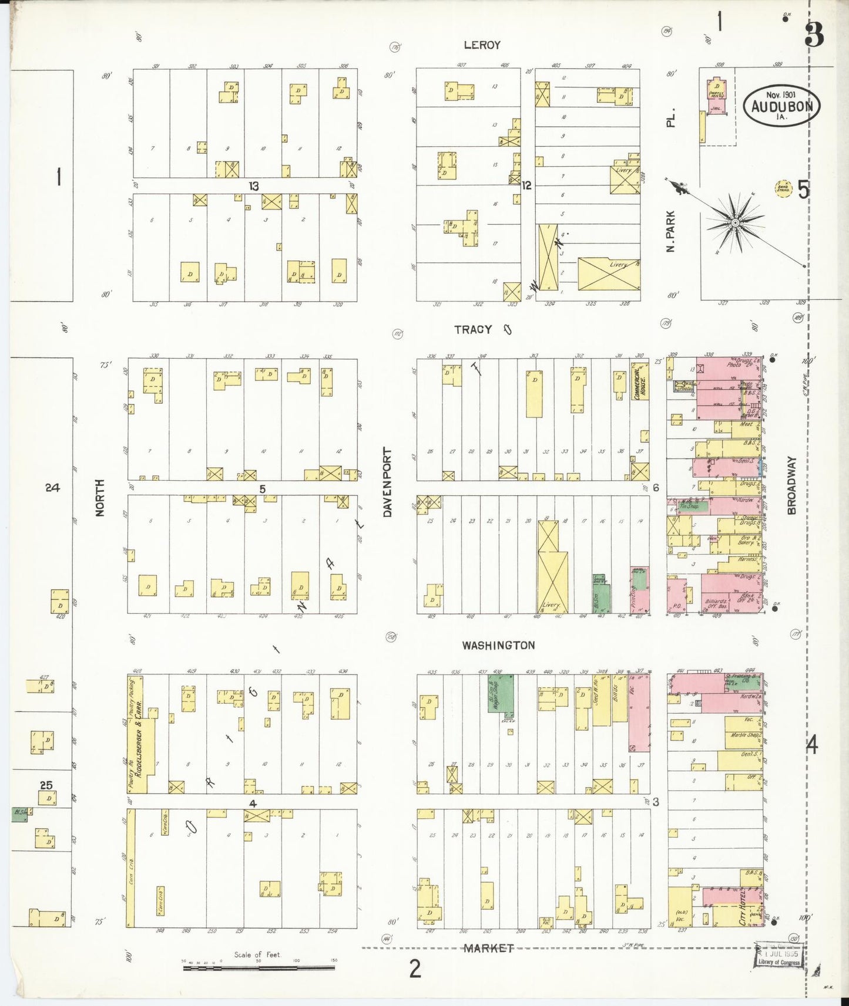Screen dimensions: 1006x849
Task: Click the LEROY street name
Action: pyautogui.click(x=482, y=45)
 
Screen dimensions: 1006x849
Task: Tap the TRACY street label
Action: pyautogui.click(x=473, y=330)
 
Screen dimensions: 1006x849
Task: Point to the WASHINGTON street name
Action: pyautogui.click(x=498, y=646)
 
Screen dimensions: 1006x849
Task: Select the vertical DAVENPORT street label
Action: pyautogui.click(x=387, y=482)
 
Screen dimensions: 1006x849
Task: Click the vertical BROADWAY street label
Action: pyautogui.click(x=791, y=485)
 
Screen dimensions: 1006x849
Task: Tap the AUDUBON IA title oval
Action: pyautogui.click(x=781, y=107)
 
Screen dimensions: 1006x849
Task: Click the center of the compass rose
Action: pyautogui.click(x=735, y=223)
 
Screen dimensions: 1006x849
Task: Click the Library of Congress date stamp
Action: pyautogui.click(x=778, y=958)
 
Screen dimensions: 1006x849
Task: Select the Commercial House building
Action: pyautogui.click(x=639, y=381)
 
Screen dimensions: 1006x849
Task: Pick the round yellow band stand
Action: pyautogui.click(x=783, y=189)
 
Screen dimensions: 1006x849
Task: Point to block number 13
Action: pyautogui.click(x=253, y=186)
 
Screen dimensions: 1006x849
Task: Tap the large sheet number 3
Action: pyautogui.click(x=814, y=35)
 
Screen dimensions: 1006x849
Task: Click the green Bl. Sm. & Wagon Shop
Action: pyautogui.click(x=501, y=693)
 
